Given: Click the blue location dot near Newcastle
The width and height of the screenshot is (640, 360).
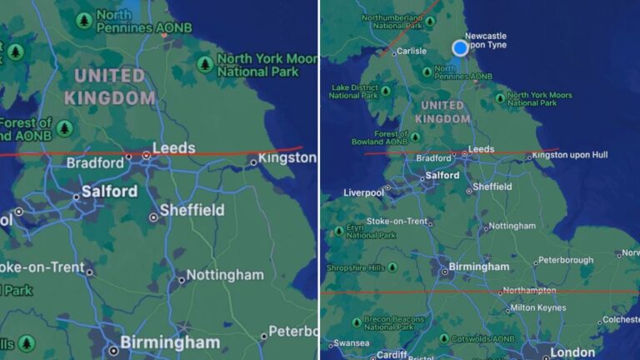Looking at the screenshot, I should (460, 47).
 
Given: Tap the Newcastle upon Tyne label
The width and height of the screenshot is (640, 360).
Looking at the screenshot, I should (486, 41).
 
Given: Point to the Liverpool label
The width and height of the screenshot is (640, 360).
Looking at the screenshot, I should (363, 192).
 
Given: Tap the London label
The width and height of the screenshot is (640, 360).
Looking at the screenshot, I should (572, 352).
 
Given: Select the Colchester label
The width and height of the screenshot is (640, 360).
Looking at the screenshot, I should (620, 319).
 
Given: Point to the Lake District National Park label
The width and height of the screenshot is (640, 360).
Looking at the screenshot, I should (355, 91).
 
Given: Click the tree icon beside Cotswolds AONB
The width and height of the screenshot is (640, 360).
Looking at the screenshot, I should (443, 338).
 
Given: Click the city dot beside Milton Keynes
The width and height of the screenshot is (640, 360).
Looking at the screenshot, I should (507, 309).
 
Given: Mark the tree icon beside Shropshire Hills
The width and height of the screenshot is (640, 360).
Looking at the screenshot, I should (338, 268).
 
